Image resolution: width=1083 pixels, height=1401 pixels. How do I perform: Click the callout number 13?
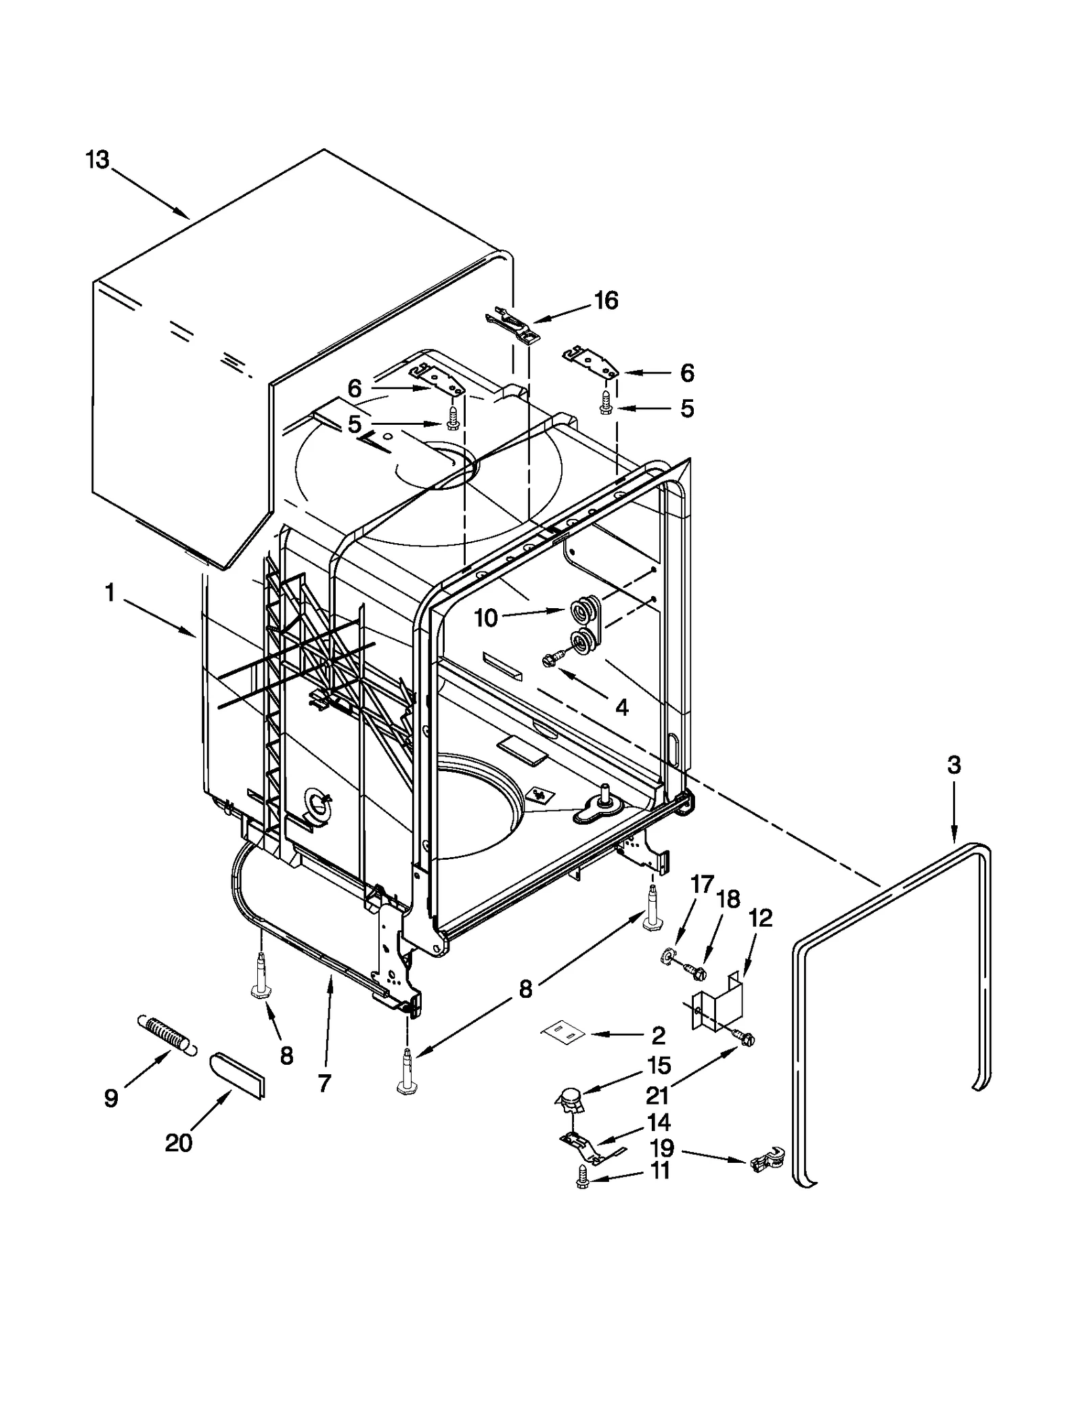97,160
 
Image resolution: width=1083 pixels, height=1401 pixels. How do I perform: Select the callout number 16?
606,300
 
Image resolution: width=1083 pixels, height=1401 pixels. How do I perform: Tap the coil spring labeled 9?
167,1034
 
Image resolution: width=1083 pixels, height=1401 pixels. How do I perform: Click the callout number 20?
179,1143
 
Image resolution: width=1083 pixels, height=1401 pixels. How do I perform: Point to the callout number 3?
953,765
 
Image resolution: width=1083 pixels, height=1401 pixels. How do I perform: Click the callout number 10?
486,618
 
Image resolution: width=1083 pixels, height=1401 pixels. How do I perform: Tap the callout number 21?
657,1095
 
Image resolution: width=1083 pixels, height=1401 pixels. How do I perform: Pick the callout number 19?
662,1148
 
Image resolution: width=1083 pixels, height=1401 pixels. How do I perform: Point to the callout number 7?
324,1084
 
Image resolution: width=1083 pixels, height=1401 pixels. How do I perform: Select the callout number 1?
109,593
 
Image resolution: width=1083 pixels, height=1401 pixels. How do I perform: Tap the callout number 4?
621,708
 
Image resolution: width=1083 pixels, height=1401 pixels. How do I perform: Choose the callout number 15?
659,1065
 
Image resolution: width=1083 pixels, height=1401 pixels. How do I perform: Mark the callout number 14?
658,1122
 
